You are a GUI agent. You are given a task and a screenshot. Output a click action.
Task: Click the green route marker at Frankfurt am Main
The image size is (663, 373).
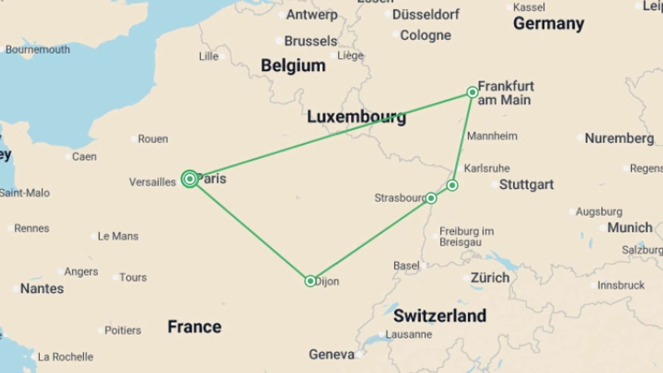point(472,92)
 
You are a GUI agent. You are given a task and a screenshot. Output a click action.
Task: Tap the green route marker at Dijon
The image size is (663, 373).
point(310,281)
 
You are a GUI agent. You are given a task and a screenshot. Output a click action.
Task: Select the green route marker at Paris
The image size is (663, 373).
point(190,179)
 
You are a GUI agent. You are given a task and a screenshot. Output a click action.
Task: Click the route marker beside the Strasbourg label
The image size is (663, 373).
point(431,198)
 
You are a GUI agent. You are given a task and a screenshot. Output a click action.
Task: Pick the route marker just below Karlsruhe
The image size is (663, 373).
point(452,185)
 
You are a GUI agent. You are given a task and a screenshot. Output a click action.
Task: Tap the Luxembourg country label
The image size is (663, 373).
point(356,117)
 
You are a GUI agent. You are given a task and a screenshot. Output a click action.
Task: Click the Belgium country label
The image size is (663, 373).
point(293,66)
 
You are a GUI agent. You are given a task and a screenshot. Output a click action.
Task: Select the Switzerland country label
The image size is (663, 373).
point(440,316)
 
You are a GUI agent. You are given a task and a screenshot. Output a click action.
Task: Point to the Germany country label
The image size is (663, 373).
point(548,23)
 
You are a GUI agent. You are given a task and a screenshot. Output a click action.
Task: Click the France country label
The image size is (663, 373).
point(194,327)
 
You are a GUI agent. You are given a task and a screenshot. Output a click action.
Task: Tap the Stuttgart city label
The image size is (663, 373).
point(526,184)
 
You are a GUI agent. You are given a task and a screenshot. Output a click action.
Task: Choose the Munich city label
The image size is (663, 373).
point(630,228)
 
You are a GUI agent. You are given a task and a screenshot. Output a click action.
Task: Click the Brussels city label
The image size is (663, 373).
point(310,41)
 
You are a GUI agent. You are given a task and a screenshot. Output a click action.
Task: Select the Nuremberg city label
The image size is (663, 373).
point(619,138)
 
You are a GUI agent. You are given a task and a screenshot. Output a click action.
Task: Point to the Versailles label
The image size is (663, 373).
point(152,182)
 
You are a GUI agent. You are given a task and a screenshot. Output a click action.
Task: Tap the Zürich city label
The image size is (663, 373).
point(490,278)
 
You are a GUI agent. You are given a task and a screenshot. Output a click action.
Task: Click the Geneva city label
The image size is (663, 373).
point(331,354)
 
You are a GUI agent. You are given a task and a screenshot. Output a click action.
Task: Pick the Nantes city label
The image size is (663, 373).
point(42,288)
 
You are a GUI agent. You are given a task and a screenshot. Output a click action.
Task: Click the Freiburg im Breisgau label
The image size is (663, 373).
point(466,237)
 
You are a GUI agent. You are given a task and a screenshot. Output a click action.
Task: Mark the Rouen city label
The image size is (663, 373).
point(153,139)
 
